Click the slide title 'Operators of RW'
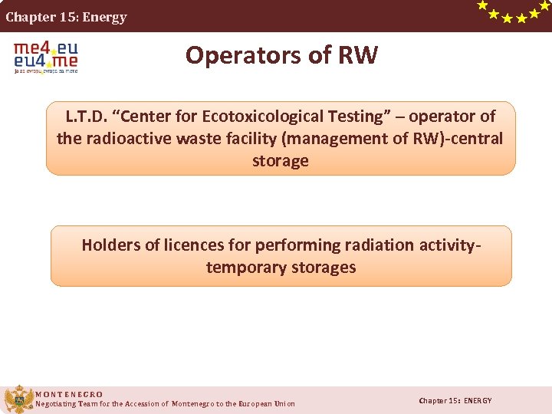point(281,55)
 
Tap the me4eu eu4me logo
point(46,57)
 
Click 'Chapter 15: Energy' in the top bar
point(67,17)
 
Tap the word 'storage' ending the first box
point(281,161)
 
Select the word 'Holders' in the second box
point(111,245)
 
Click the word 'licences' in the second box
point(191,245)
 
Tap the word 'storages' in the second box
point(320,268)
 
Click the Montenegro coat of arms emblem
point(18,399)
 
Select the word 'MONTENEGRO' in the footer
point(69,394)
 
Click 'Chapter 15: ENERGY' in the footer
point(455,401)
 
